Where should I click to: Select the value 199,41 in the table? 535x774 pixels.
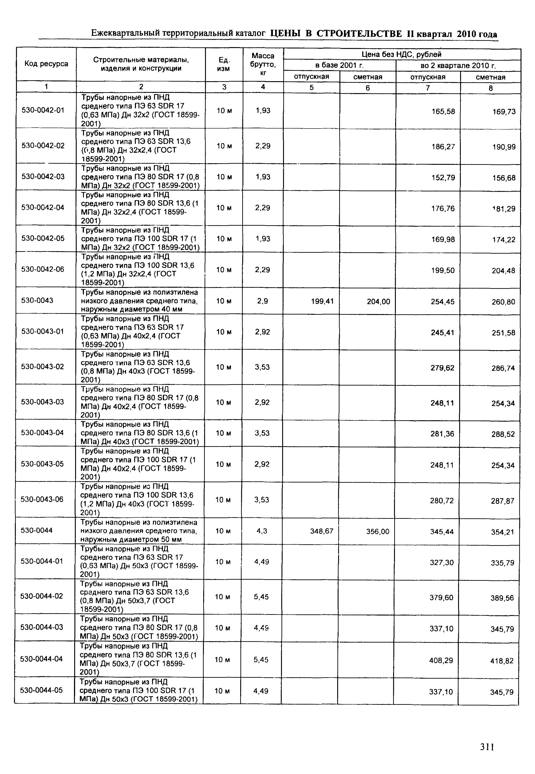tap(322, 301)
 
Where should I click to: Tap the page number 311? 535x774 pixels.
tap(487, 747)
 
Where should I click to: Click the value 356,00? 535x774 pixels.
tap(378, 531)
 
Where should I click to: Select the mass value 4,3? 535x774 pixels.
tap(262, 531)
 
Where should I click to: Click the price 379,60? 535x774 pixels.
tap(441, 598)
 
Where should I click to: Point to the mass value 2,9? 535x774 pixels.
tap(263, 301)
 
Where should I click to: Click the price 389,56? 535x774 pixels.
tap(502, 598)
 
